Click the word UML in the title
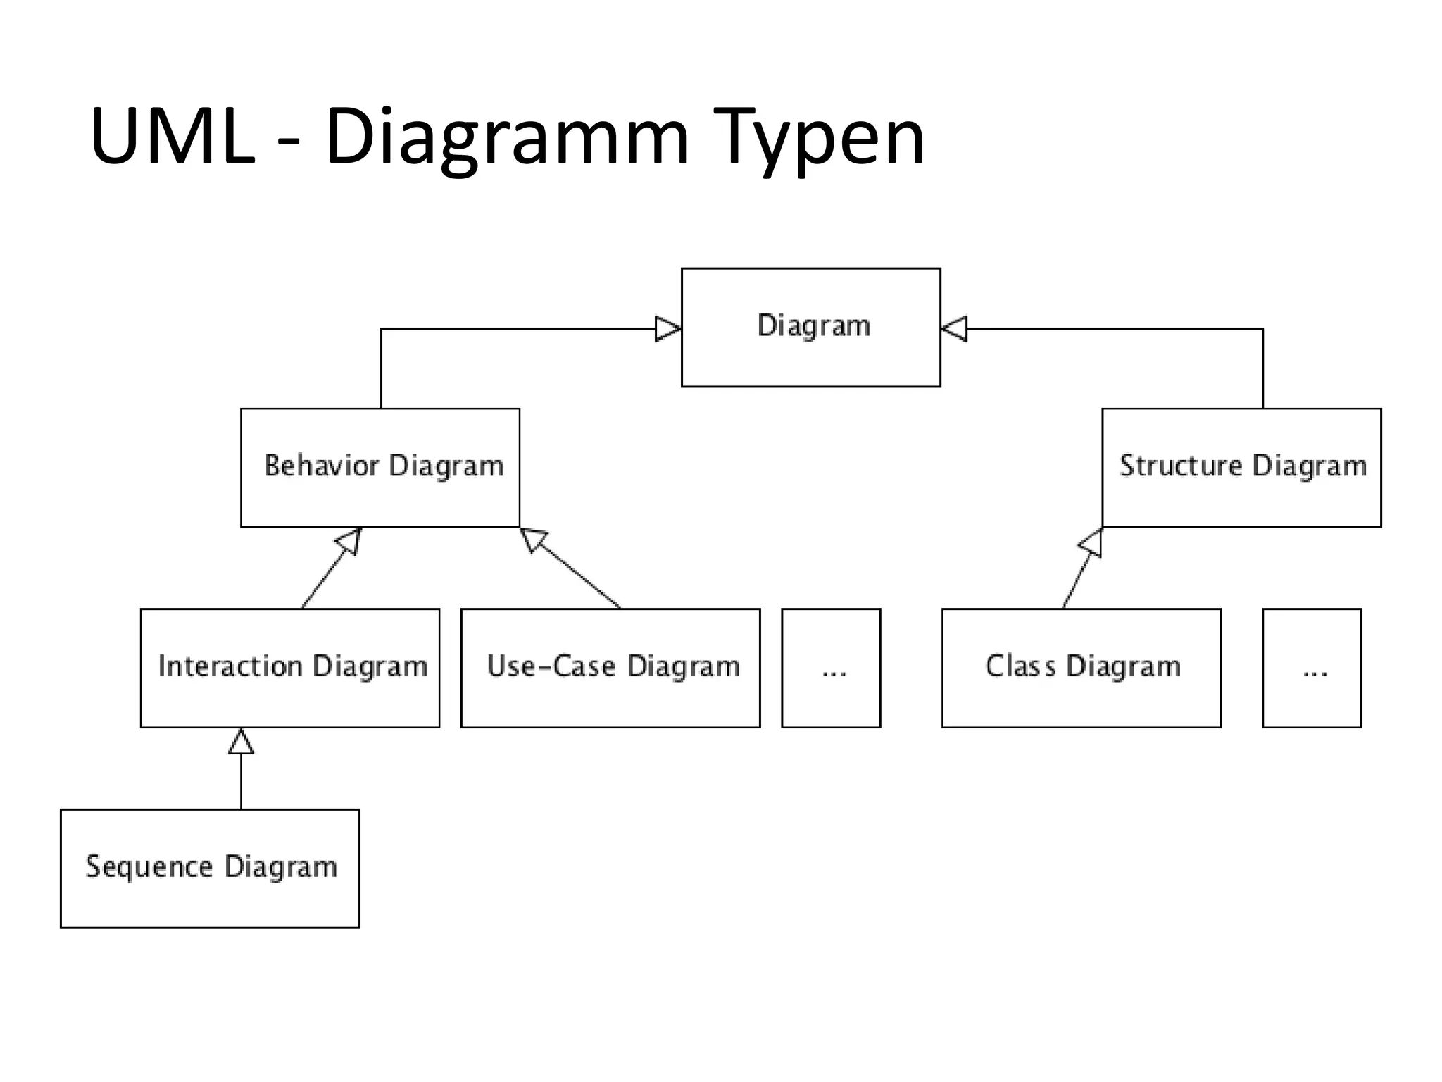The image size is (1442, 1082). click(x=173, y=137)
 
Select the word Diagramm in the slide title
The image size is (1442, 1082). click(x=506, y=138)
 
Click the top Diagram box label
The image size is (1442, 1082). click(x=813, y=326)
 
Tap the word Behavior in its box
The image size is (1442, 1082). click(x=322, y=466)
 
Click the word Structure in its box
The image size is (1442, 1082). click(x=1181, y=466)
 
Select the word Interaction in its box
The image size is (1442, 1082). click(x=230, y=666)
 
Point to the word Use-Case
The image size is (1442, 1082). click(x=551, y=666)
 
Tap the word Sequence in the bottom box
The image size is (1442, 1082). click(x=149, y=867)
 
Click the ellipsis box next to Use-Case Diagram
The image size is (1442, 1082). click(x=831, y=668)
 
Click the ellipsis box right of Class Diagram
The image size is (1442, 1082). click(x=1311, y=668)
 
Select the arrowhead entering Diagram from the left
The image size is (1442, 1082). click(x=667, y=328)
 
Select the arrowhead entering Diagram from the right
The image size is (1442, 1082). click(x=955, y=328)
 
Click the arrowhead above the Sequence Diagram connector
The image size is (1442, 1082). click(x=241, y=742)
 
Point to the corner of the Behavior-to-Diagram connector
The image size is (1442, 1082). click(x=381, y=329)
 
